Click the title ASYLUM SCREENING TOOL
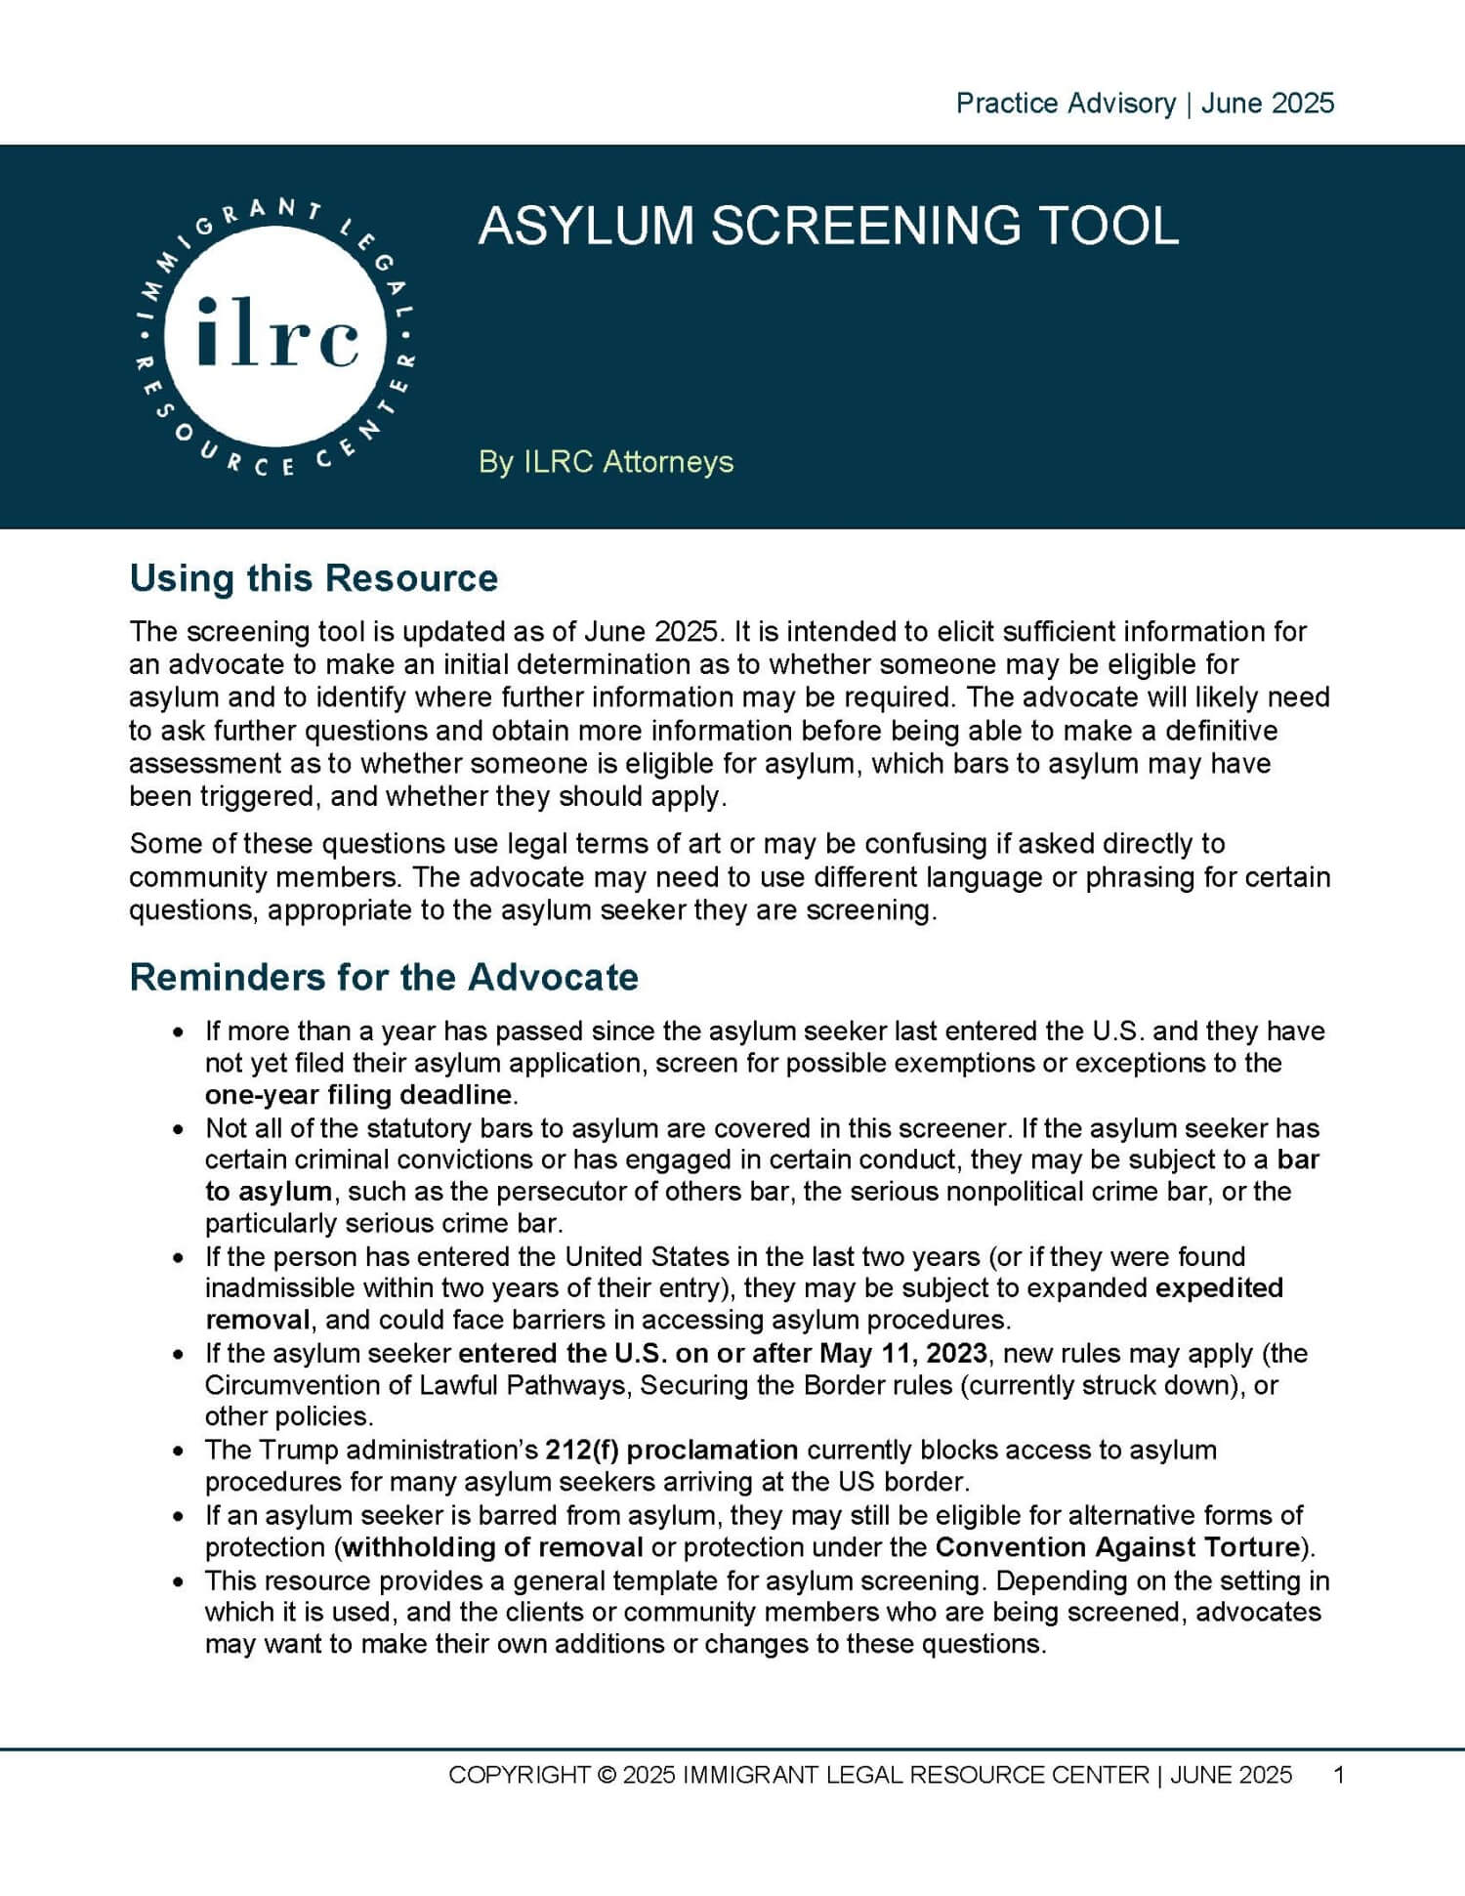(x=828, y=226)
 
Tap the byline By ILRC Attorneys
(x=606, y=462)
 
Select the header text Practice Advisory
(x=1065, y=104)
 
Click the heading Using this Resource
(x=314, y=578)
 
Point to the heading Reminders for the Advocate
(x=384, y=977)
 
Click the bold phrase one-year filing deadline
(x=357, y=1094)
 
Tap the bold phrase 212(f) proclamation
(x=672, y=1450)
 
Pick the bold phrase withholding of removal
(x=493, y=1546)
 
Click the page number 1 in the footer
(x=1339, y=1775)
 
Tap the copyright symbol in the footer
(x=606, y=1775)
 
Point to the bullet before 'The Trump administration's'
(x=178, y=1452)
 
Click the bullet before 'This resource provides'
(x=178, y=1581)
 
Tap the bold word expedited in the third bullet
(x=1219, y=1287)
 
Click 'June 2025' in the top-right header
(x=1267, y=104)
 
